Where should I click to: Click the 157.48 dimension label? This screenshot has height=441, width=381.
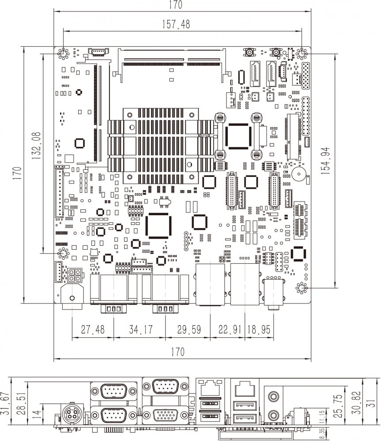click(176, 25)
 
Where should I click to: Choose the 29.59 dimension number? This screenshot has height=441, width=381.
click(187, 330)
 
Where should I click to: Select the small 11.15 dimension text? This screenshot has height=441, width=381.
click(322, 416)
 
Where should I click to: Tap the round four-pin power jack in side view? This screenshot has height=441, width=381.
click(70, 415)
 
